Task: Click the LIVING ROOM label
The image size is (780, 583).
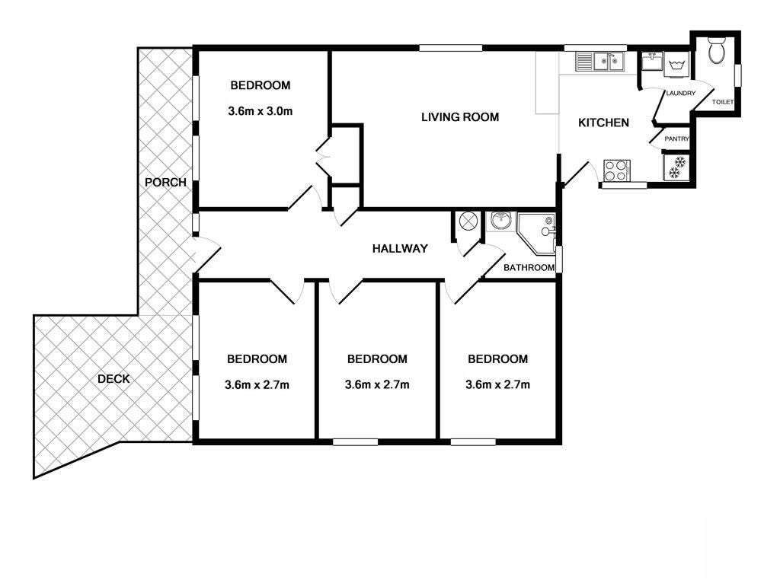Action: point(459,117)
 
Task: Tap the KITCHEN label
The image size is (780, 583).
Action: point(603,123)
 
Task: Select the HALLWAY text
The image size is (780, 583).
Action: point(400,249)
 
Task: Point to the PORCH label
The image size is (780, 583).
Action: point(165,183)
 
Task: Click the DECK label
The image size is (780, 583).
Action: point(113,379)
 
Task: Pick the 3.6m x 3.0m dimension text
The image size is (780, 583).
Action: point(261,111)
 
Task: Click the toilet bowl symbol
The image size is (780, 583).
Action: point(717,50)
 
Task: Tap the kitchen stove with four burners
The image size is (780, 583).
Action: point(617,170)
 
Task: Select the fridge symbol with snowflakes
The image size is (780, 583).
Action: point(676,167)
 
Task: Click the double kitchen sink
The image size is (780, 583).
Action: point(600,62)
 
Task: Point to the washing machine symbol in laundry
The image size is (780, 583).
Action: point(676,65)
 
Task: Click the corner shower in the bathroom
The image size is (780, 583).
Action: point(536,233)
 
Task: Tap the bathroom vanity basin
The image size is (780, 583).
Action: point(500,221)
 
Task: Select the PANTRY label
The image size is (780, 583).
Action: point(677,139)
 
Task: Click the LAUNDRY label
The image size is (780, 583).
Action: point(680,94)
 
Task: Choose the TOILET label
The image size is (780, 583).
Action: point(723,102)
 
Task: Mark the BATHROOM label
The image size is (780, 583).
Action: point(529,268)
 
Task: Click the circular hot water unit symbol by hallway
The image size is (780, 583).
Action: point(468,221)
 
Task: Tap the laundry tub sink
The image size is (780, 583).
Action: point(652,62)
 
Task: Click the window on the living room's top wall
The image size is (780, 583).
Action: point(451,48)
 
